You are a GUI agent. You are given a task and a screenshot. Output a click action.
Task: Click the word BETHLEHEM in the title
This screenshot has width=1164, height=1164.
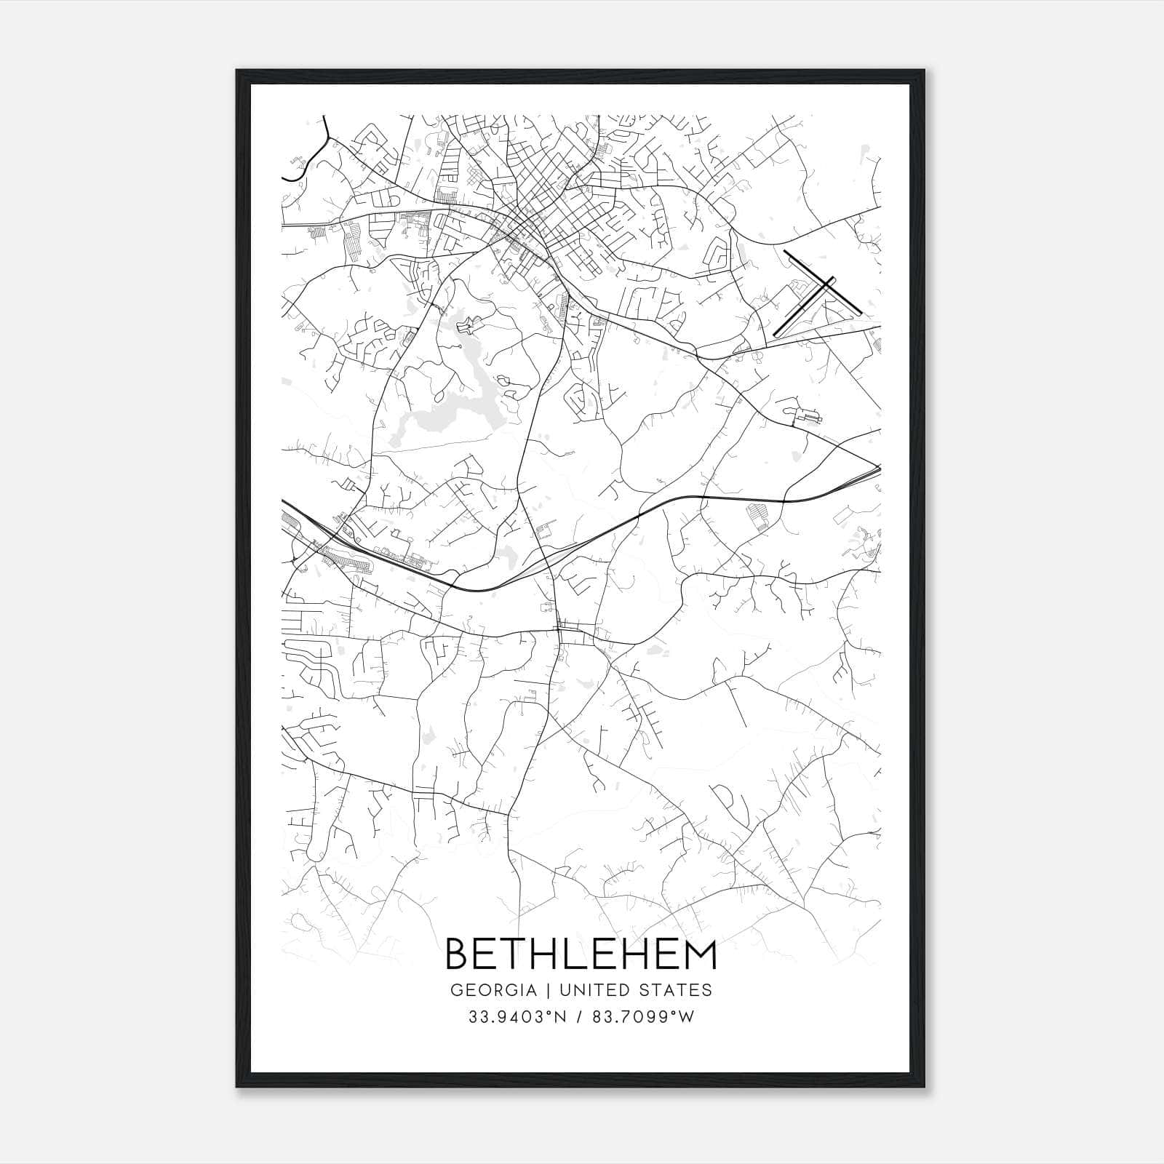581,954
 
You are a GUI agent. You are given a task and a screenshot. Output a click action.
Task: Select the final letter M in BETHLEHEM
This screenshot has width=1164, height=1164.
701,954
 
